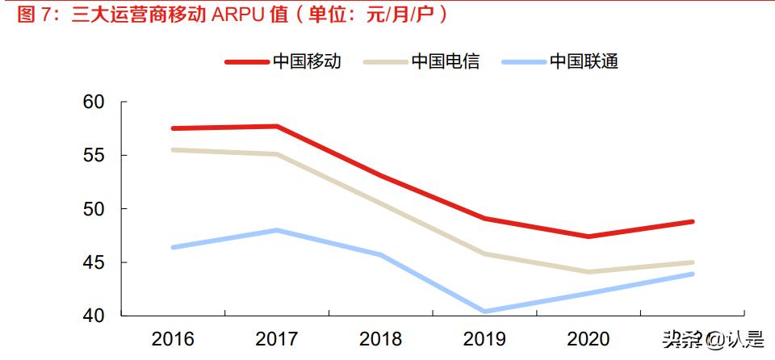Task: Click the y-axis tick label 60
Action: [x=94, y=103]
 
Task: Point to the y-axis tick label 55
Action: [x=94, y=156]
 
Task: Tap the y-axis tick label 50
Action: [x=94, y=209]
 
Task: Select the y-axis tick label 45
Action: [x=94, y=262]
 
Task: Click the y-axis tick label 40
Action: [x=94, y=316]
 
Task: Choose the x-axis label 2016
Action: [x=172, y=338]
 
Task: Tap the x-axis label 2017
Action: [x=276, y=338]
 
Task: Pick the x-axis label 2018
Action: [x=380, y=338]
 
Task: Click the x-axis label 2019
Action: [x=484, y=338]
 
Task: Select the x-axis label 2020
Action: [x=589, y=338]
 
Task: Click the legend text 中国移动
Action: [x=307, y=61]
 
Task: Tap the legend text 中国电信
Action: [x=446, y=61]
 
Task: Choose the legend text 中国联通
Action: [x=584, y=61]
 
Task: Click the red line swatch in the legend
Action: [x=246, y=61]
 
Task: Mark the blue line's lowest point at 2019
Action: [x=484, y=311]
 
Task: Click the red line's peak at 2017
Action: [x=276, y=126]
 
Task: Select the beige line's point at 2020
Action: [x=589, y=272]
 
